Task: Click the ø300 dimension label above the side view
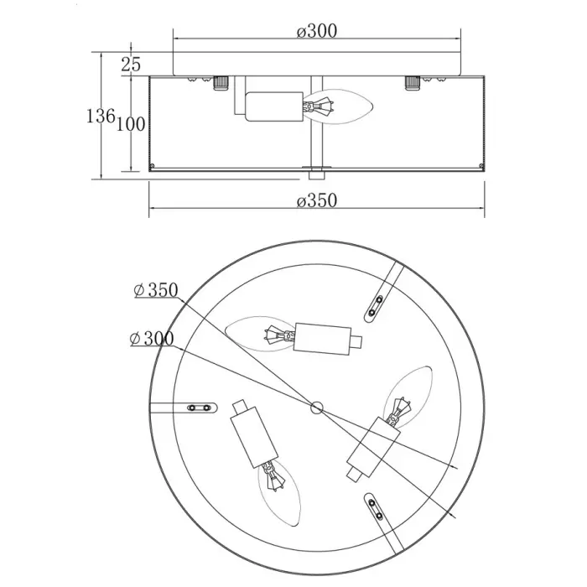(317, 31)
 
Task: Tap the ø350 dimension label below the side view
(317, 200)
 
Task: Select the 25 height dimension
(131, 65)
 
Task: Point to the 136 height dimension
(101, 116)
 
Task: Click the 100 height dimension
(131, 124)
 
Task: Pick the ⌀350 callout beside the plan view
(156, 290)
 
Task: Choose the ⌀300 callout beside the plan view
(152, 339)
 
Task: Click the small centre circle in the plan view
(317, 408)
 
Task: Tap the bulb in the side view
(338, 106)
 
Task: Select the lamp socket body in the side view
(274, 106)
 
